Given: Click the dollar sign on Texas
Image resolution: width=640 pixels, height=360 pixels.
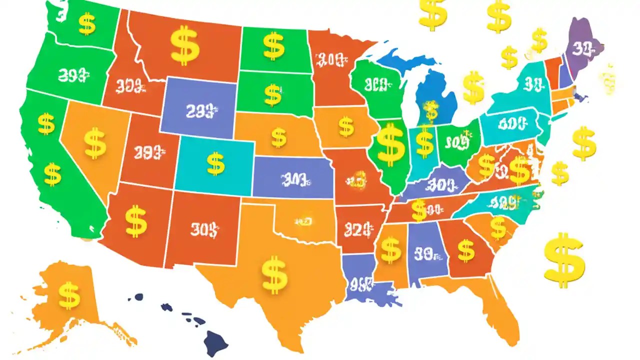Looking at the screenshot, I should tap(274, 275).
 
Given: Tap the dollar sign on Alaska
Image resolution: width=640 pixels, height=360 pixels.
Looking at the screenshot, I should tap(69, 295).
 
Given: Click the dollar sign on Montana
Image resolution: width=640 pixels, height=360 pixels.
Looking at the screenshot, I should tap(184, 46).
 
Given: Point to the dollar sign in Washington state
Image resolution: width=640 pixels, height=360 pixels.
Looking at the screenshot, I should tap(87, 24).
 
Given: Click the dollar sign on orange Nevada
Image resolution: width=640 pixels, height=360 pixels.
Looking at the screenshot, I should tap(95, 143).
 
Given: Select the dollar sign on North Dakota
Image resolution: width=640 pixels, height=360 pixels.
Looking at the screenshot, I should tap(273, 46).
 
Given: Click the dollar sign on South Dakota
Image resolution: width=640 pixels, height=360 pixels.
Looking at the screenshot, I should tap(272, 94).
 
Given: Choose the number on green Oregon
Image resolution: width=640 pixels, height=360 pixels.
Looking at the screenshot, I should tap(73, 75).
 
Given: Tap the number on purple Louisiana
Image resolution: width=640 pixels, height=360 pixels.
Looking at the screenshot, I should tap(361, 284).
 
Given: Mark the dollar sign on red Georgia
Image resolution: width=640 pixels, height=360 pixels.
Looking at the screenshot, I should tap(466, 250).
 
